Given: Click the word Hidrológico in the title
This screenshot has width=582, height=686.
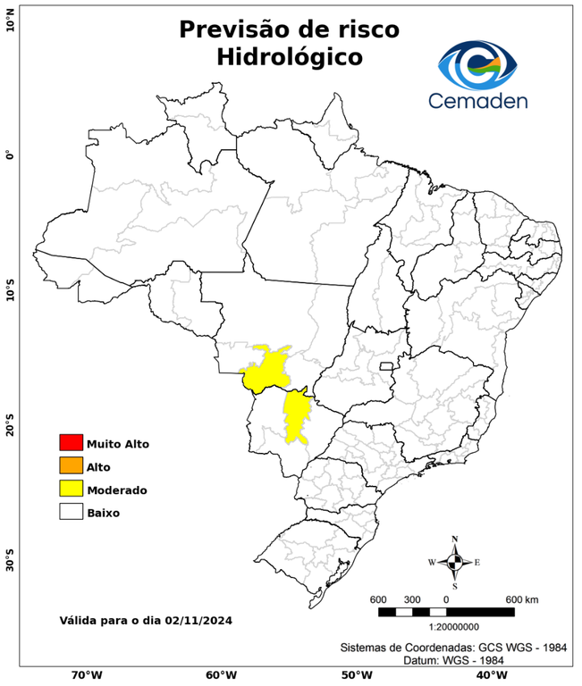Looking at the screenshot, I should [x=289, y=57].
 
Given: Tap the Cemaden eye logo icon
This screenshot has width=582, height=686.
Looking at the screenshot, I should [x=478, y=62].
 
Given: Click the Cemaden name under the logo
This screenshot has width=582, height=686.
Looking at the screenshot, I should [x=478, y=101].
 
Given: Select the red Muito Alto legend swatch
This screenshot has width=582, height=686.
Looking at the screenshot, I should [x=71, y=442].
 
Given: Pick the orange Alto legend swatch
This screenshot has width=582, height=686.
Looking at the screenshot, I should [x=71, y=465].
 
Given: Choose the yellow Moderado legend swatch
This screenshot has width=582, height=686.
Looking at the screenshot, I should [x=71, y=489].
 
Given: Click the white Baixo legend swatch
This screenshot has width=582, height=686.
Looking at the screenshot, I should [x=71, y=512].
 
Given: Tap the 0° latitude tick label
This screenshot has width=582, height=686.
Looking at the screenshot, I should [x=10, y=155].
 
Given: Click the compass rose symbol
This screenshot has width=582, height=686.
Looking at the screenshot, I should [x=454, y=562].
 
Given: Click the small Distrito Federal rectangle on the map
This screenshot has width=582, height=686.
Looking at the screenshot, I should [x=388, y=366].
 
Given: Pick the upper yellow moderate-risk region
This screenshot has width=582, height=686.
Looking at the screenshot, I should [x=266, y=368].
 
